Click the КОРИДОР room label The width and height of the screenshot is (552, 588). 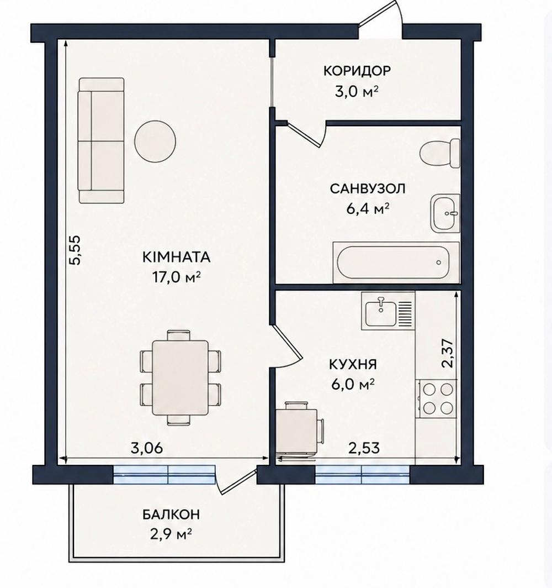[357, 71]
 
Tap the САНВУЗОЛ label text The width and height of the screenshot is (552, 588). [368, 188]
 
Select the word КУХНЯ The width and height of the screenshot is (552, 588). [353, 364]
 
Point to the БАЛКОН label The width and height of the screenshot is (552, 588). [171, 514]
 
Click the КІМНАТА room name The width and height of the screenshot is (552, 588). [176, 258]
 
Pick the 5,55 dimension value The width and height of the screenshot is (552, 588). [75, 250]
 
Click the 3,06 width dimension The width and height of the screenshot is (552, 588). [147, 448]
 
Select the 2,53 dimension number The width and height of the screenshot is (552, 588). [364, 448]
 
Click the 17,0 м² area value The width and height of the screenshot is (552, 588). [176, 277]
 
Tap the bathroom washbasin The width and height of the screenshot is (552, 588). [445, 213]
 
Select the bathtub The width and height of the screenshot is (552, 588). [396, 262]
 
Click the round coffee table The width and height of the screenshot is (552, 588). [155, 141]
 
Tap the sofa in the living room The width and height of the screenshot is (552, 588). [101, 140]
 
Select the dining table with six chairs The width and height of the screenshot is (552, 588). [180, 377]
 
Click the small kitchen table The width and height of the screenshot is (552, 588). [300, 429]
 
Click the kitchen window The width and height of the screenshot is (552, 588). [363, 475]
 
